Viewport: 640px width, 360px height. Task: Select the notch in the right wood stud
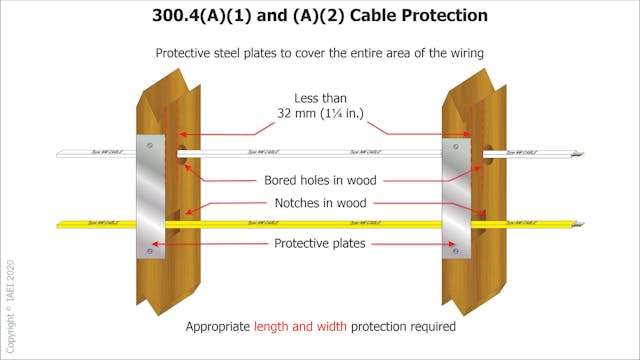coord(476,223)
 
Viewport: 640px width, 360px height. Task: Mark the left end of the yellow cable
coord(60,224)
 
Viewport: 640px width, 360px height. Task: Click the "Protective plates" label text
coord(320,243)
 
